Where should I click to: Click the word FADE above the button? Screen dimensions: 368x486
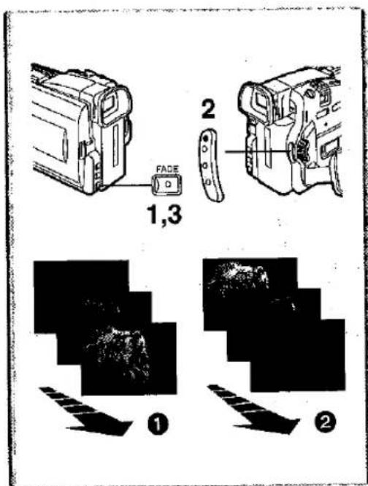(x=168, y=170)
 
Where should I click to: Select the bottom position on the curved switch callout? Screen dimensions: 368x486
(x=208, y=182)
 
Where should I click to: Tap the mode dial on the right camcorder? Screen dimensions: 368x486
(x=299, y=151)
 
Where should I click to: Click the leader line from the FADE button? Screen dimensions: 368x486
(x=132, y=185)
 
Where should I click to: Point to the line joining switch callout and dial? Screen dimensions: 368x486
(x=258, y=151)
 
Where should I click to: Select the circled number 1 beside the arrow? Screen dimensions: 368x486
(x=158, y=424)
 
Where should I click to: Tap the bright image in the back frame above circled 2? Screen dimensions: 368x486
(x=238, y=276)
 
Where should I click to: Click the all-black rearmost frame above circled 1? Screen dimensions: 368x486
(x=81, y=279)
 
